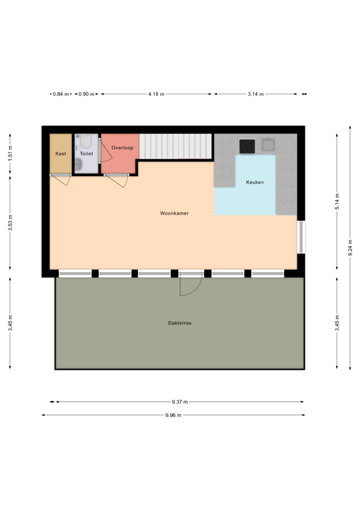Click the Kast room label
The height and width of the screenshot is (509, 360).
(x=60, y=154)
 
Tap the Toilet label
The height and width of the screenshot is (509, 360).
(x=86, y=154)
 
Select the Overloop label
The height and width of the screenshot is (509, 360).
(x=122, y=148)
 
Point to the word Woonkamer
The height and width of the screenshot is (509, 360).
(x=174, y=213)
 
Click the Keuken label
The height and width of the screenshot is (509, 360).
(x=255, y=182)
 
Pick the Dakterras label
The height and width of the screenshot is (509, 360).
(x=180, y=323)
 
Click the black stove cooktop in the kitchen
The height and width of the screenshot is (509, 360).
(x=247, y=146)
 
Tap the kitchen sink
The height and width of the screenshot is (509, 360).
(x=268, y=145)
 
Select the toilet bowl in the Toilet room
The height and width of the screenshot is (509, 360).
(x=86, y=141)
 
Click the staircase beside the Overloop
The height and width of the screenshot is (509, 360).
(x=175, y=146)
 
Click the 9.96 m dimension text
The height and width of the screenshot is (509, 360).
(x=173, y=415)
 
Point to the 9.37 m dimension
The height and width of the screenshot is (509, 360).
(x=180, y=402)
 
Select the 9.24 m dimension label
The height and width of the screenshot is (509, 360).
(x=350, y=248)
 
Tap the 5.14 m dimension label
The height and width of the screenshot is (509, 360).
(x=337, y=201)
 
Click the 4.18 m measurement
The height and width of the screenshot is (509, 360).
(x=156, y=94)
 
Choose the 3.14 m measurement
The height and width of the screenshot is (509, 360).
(x=256, y=94)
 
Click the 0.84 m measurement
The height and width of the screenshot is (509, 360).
(x=61, y=94)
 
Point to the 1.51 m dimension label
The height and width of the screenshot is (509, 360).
(x=10, y=153)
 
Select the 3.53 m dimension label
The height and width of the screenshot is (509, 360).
(x=10, y=223)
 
